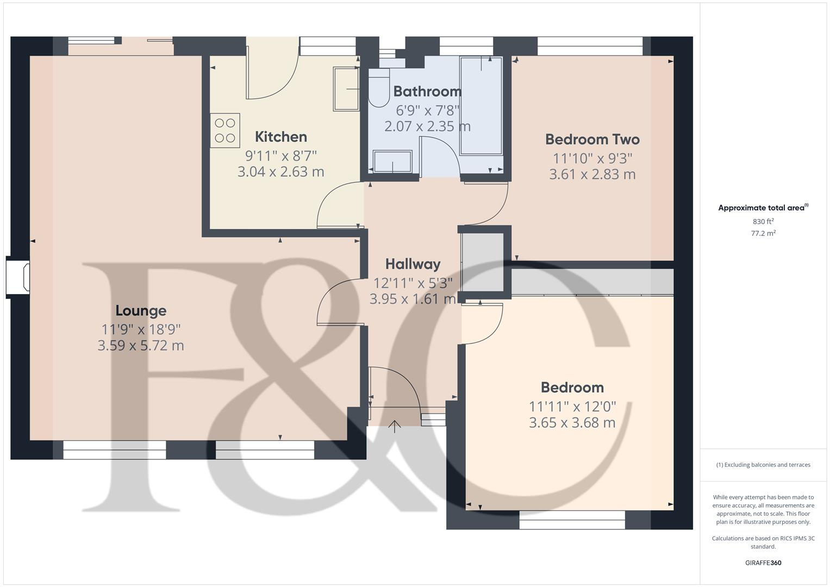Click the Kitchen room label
(x=281, y=137)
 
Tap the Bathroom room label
(x=427, y=91)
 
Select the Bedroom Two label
(x=592, y=140)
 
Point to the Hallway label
(x=413, y=264)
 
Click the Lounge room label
(x=141, y=311)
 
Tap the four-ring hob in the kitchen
(x=225, y=130)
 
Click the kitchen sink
(x=346, y=89)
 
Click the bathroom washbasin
(x=392, y=161)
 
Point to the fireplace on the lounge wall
(x=18, y=277)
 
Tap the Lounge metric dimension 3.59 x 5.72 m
(x=141, y=346)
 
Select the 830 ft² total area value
(x=763, y=222)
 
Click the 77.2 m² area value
(x=763, y=234)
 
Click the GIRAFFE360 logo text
(x=763, y=563)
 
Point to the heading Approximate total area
(x=762, y=208)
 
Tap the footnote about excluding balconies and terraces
(x=763, y=465)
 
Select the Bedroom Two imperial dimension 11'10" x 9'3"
(x=592, y=159)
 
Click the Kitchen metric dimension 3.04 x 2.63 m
(x=281, y=172)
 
